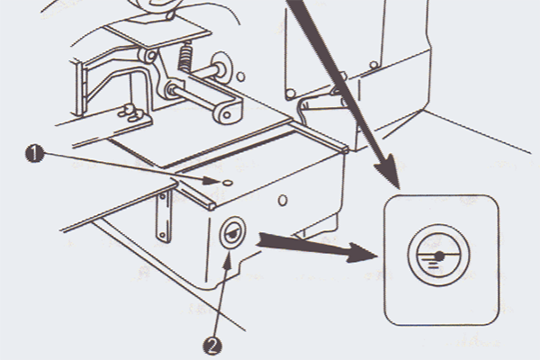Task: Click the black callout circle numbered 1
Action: point(34,154)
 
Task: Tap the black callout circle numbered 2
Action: point(212,346)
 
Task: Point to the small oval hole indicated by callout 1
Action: point(228,182)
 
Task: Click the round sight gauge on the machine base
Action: point(233,232)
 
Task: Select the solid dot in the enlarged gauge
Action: point(439,256)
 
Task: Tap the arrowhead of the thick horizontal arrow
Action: point(362,253)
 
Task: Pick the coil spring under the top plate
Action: point(185,57)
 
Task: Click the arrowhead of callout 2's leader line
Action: point(228,260)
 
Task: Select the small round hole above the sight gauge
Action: point(283,200)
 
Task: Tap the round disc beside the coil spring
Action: point(221,67)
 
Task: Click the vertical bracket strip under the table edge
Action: point(163,216)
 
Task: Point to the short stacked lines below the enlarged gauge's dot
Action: point(433,264)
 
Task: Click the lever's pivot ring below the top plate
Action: point(147,56)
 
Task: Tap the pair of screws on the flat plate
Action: point(131,113)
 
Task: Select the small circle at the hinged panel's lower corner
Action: point(291,94)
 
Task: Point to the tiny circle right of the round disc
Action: point(241,76)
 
